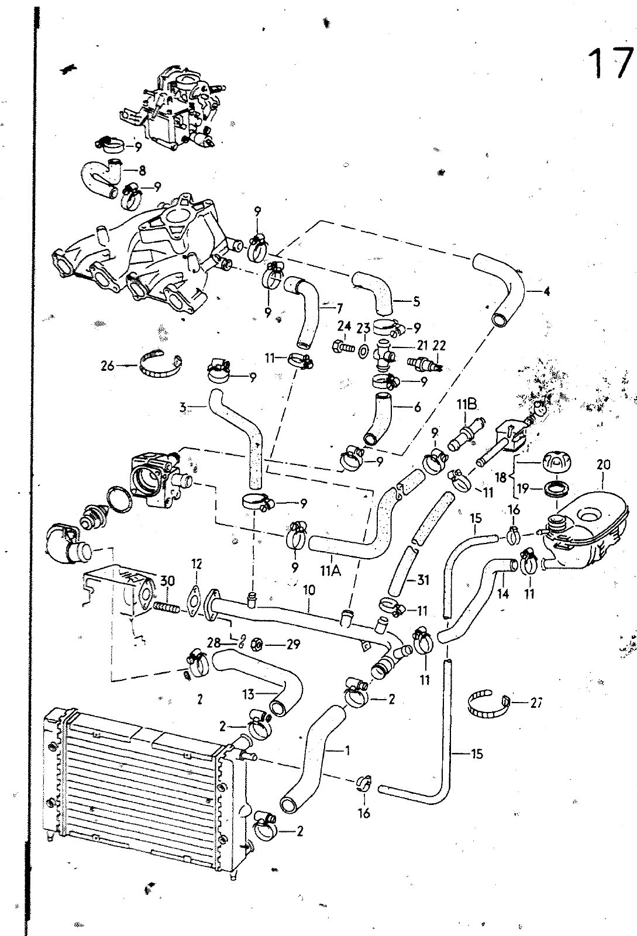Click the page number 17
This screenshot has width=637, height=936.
pos(611,64)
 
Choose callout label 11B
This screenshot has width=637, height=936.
pos(468,404)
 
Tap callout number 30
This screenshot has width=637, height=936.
pos(168,581)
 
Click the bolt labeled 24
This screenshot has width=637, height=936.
pos(343,347)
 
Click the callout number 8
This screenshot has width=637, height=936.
pos(142,171)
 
